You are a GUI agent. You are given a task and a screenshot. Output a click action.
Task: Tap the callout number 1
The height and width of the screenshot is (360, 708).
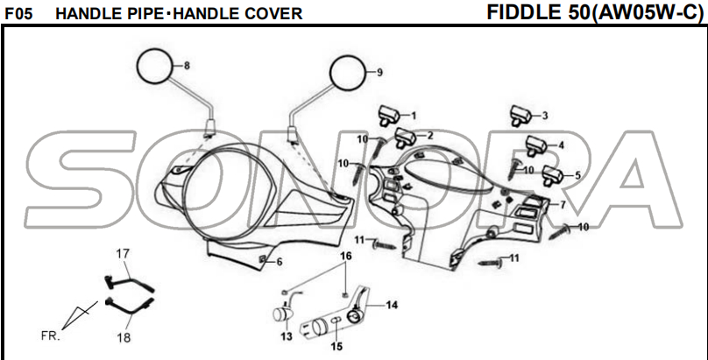point(414,116)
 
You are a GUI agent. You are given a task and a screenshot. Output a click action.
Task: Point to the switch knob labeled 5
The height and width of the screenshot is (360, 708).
point(553,174)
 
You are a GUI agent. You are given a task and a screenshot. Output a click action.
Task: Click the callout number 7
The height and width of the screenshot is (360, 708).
point(563,204)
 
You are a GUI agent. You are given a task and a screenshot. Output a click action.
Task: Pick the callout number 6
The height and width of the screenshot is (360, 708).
point(279,262)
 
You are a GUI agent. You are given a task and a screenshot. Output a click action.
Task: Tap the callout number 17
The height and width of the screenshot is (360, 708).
point(124,253)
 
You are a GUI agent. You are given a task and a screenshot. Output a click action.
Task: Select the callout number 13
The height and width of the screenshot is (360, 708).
point(287,336)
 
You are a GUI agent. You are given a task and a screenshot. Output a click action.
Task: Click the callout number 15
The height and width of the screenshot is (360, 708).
point(336,346)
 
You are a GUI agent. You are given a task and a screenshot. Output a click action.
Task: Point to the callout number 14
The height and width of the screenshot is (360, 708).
point(392,305)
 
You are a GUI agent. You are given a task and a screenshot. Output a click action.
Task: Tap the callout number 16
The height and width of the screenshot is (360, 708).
point(345,256)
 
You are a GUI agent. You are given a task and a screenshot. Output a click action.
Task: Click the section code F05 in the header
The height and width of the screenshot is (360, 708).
point(18,14)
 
